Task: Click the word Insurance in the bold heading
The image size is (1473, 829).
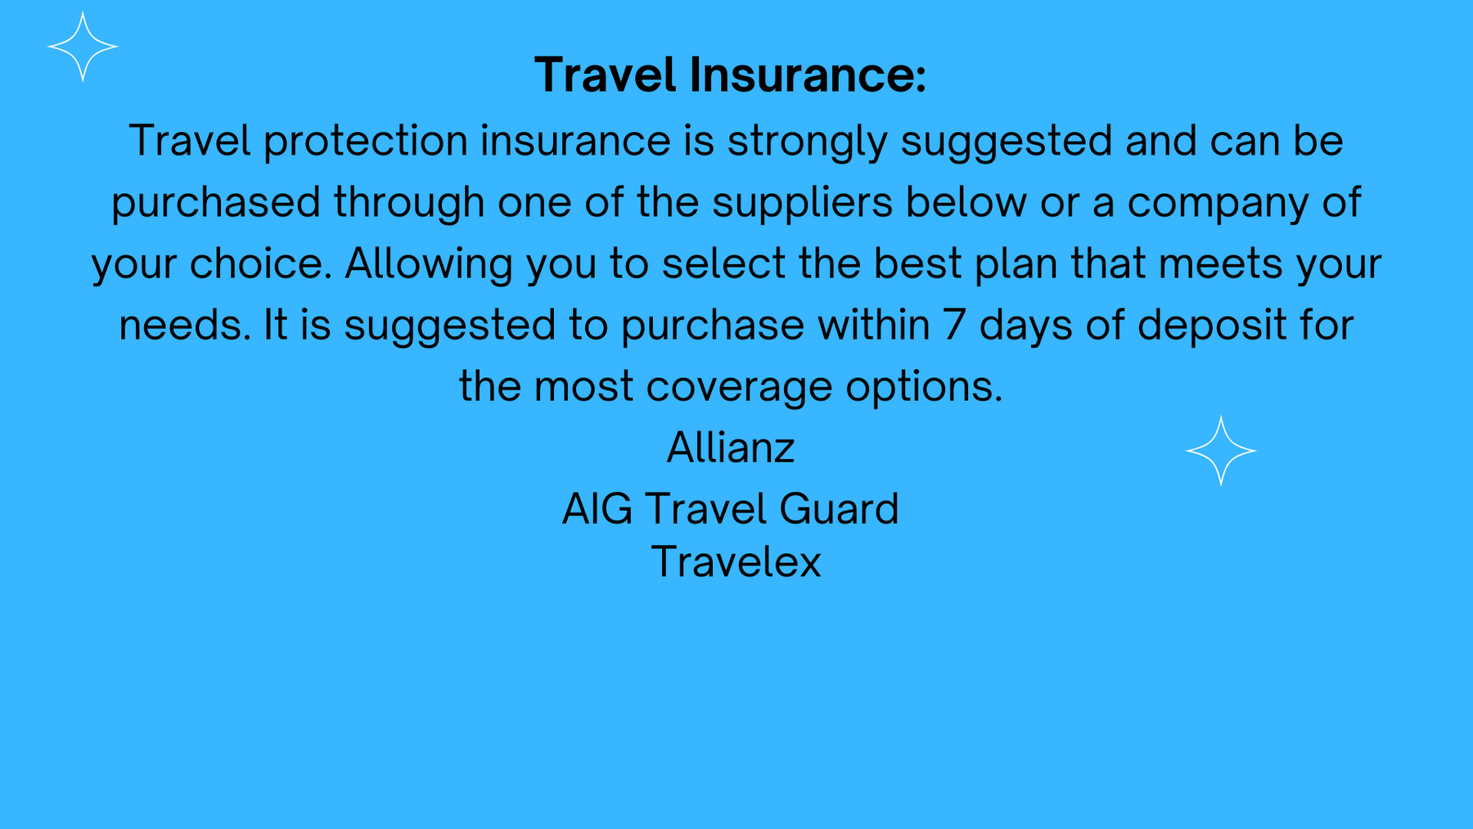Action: (808, 74)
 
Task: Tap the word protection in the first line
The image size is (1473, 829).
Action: (366, 142)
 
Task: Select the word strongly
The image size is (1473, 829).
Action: (808, 142)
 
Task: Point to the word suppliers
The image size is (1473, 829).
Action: (802, 203)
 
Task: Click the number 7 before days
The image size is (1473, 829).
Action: (954, 326)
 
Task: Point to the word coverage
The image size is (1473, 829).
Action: (739, 387)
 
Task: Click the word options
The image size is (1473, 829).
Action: (924, 387)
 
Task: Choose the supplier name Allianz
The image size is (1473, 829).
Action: (731, 448)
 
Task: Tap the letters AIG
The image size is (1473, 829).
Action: (597, 509)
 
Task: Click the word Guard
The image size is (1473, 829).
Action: (839, 509)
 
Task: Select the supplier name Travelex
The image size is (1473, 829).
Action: (736, 562)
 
